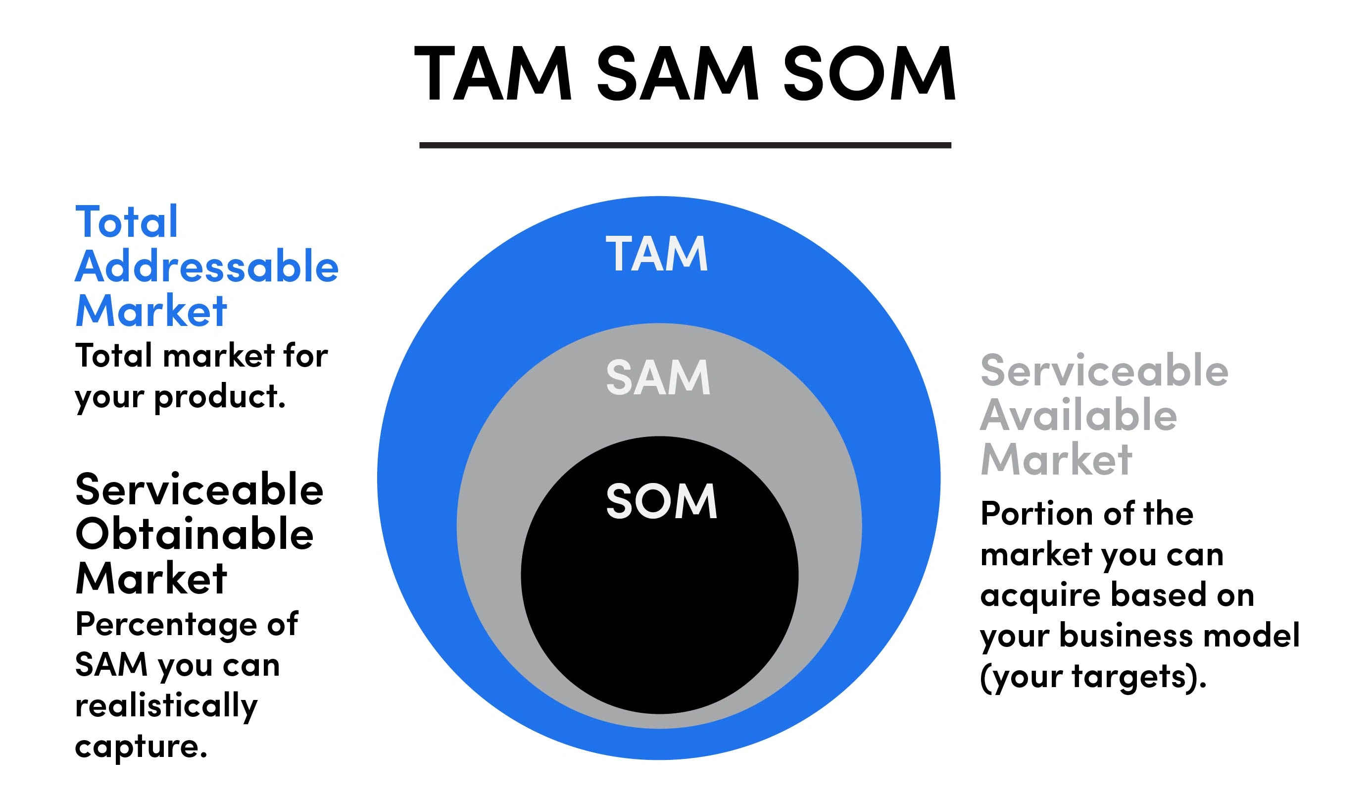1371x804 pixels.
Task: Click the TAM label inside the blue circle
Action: click(x=657, y=254)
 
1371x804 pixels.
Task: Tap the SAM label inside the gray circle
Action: click(x=658, y=377)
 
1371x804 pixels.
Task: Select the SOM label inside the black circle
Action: click(x=661, y=501)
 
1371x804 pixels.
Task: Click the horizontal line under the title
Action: click(x=685, y=145)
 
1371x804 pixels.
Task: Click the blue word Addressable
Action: click(x=207, y=266)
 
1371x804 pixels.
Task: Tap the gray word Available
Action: click(x=1078, y=415)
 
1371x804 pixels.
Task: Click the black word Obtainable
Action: click(x=194, y=534)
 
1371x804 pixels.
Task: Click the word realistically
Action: click(x=166, y=706)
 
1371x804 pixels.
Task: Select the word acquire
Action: click(x=1040, y=595)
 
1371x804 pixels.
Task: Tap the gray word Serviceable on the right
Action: click(x=1104, y=370)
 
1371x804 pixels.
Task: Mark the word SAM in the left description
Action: click(x=111, y=665)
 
